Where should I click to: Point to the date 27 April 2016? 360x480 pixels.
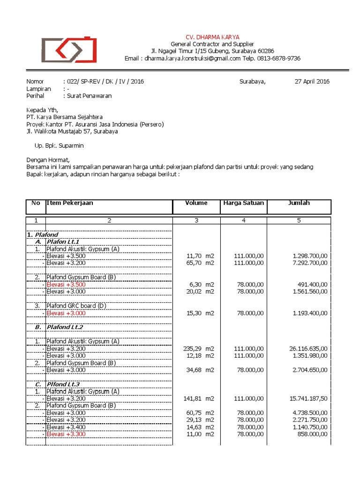[x=312, y=81]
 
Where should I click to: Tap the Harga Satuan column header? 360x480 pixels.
[x=243, y=203]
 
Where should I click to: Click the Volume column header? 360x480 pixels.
[x=196, y=203]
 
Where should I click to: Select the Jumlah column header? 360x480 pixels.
[x=299, y=203]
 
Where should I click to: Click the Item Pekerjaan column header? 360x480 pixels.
[x=70, y=203]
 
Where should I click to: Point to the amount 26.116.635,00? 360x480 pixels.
[x=309, y=348]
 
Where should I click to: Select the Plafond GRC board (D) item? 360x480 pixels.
[x=76, y=306]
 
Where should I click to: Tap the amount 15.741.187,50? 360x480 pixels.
[x=309, y=398]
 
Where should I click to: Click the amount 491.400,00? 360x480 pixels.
[x=312, y=284]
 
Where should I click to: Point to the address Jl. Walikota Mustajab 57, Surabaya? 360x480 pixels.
[x=72, y=131]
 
